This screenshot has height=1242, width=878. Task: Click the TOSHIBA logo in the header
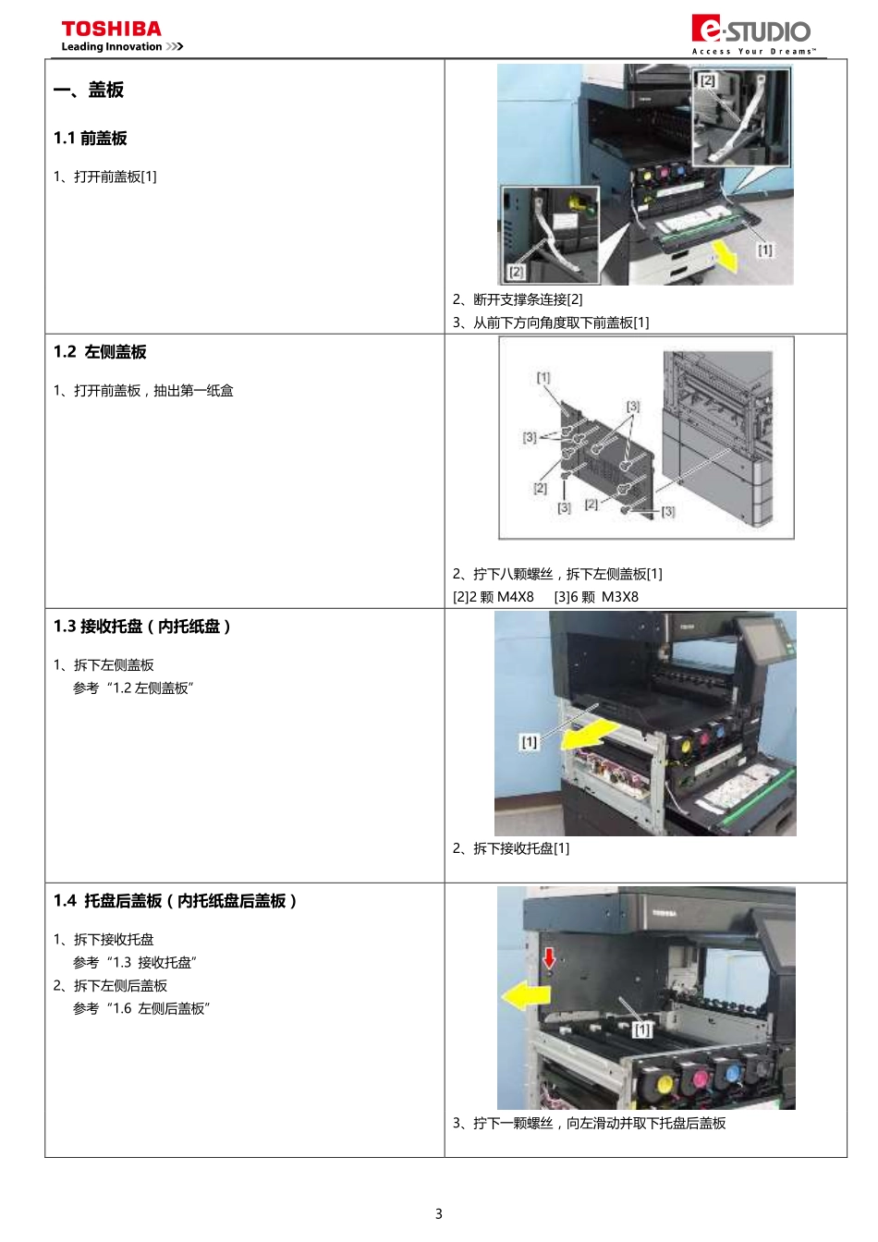[x=112, y=30]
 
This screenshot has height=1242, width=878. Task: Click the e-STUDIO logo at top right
[x=751, y=32]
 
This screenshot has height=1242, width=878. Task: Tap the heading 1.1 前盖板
[x=91, y=139]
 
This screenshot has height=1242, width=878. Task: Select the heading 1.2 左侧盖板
[x=100, y=352]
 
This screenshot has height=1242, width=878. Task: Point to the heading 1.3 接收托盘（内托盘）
[x=142, y=627]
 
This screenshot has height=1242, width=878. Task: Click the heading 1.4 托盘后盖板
[x=175, y=901]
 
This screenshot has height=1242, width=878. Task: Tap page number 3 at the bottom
[x=439, y=1213]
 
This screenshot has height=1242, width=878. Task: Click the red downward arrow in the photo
[x=549, y=956]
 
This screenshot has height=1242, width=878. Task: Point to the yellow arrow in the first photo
[x=725, y=256]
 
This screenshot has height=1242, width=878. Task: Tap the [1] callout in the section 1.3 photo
[x=530, y=742]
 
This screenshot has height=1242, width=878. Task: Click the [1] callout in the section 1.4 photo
[x=642, y=1029]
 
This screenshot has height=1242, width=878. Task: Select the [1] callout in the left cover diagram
[x=543, y=377]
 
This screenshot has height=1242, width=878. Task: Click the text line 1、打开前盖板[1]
[x=105, y=177]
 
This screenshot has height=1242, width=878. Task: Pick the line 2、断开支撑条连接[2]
[x=518, y=299]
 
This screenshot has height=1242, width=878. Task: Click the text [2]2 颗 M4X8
[x=494, y=597]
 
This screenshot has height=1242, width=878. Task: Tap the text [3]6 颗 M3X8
[x=596, y=597]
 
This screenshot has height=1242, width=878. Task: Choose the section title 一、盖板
[x=89, y=90]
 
